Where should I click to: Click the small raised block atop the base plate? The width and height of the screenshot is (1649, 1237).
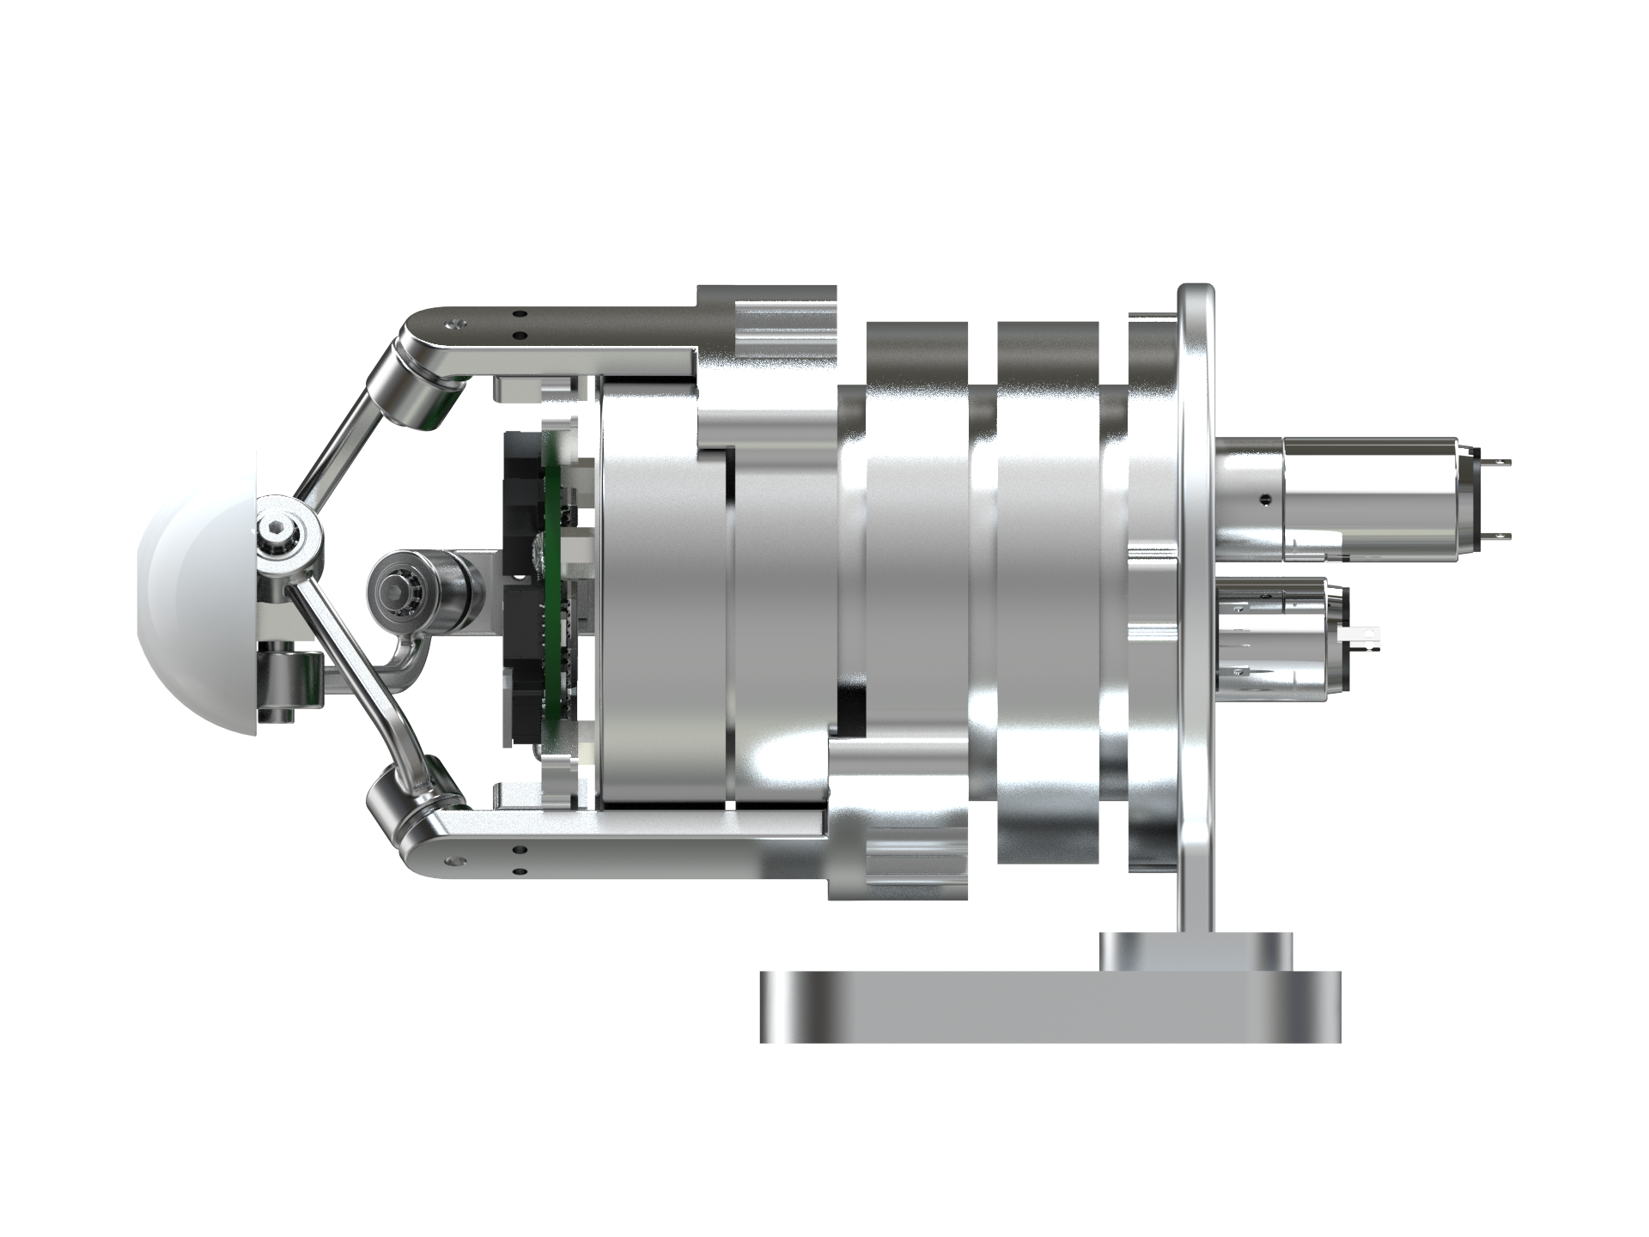1195,952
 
